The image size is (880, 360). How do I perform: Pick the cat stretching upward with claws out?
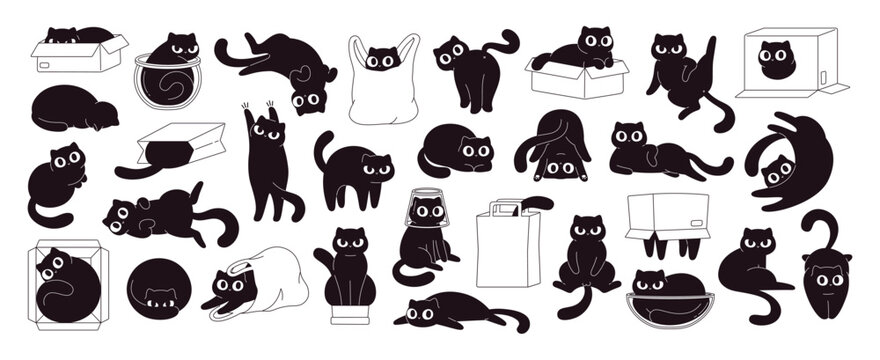(x=268, y=165)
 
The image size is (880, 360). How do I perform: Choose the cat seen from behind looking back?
(x=474, y=68)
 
